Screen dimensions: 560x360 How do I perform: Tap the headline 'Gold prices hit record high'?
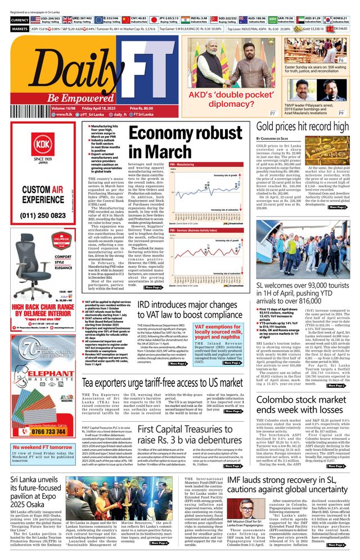click(300, 127)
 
